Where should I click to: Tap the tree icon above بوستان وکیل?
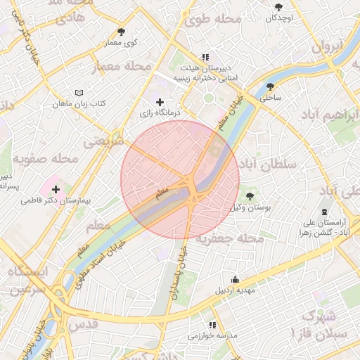click(x=250, y=196)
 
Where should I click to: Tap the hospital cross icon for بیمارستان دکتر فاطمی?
click(x=56, y=189)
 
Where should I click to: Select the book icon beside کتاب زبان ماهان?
click(x=79, y=93)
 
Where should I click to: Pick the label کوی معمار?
click(x=121, y=43)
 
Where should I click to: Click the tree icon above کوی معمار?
click(x=121, y=32)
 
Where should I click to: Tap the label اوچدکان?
click(x=279, y=17)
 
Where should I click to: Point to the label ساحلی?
click(x=271, y=98)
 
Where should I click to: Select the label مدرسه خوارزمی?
click(x=212, y=336)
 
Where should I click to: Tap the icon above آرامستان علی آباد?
click(x=323, y=212)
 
